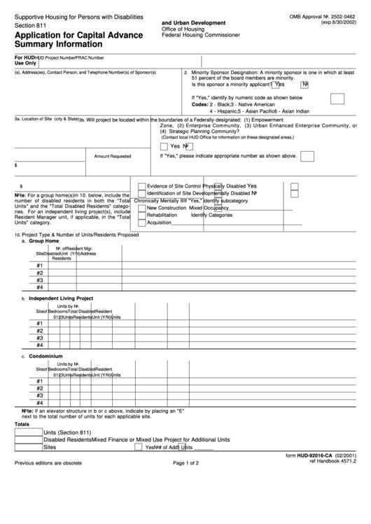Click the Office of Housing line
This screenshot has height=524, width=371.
183,28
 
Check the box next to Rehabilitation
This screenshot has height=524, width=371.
142,215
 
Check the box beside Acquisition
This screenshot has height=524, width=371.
142,223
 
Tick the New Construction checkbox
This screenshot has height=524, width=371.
142,208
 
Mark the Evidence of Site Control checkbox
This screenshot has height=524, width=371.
142,186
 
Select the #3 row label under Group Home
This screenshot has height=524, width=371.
40,280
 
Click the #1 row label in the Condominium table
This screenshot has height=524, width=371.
40,381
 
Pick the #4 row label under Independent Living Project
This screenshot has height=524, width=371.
40,345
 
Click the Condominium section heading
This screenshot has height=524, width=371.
45,356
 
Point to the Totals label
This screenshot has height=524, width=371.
22,425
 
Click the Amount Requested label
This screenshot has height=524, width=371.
112,157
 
